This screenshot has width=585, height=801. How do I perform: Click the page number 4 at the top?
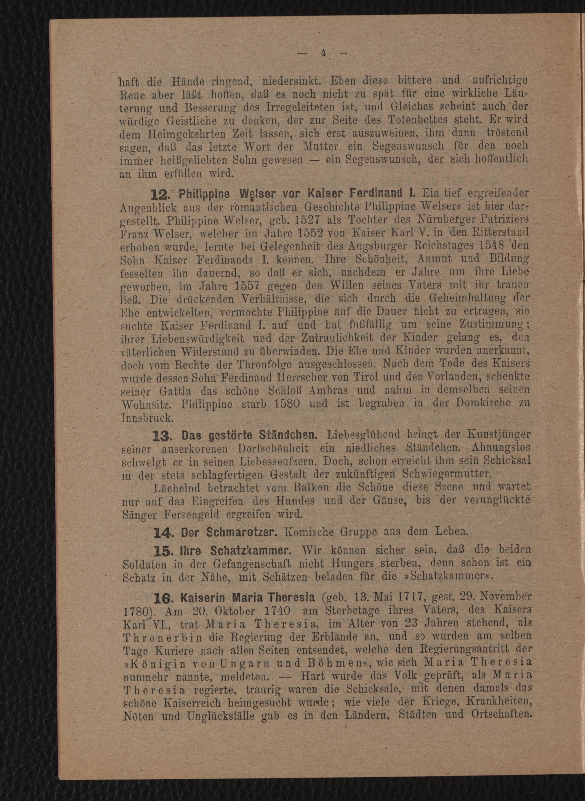(x=323, y=53)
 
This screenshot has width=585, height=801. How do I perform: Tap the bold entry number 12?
(x=161, y=194)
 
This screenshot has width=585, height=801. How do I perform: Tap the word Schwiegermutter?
(x=446, y=474)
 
